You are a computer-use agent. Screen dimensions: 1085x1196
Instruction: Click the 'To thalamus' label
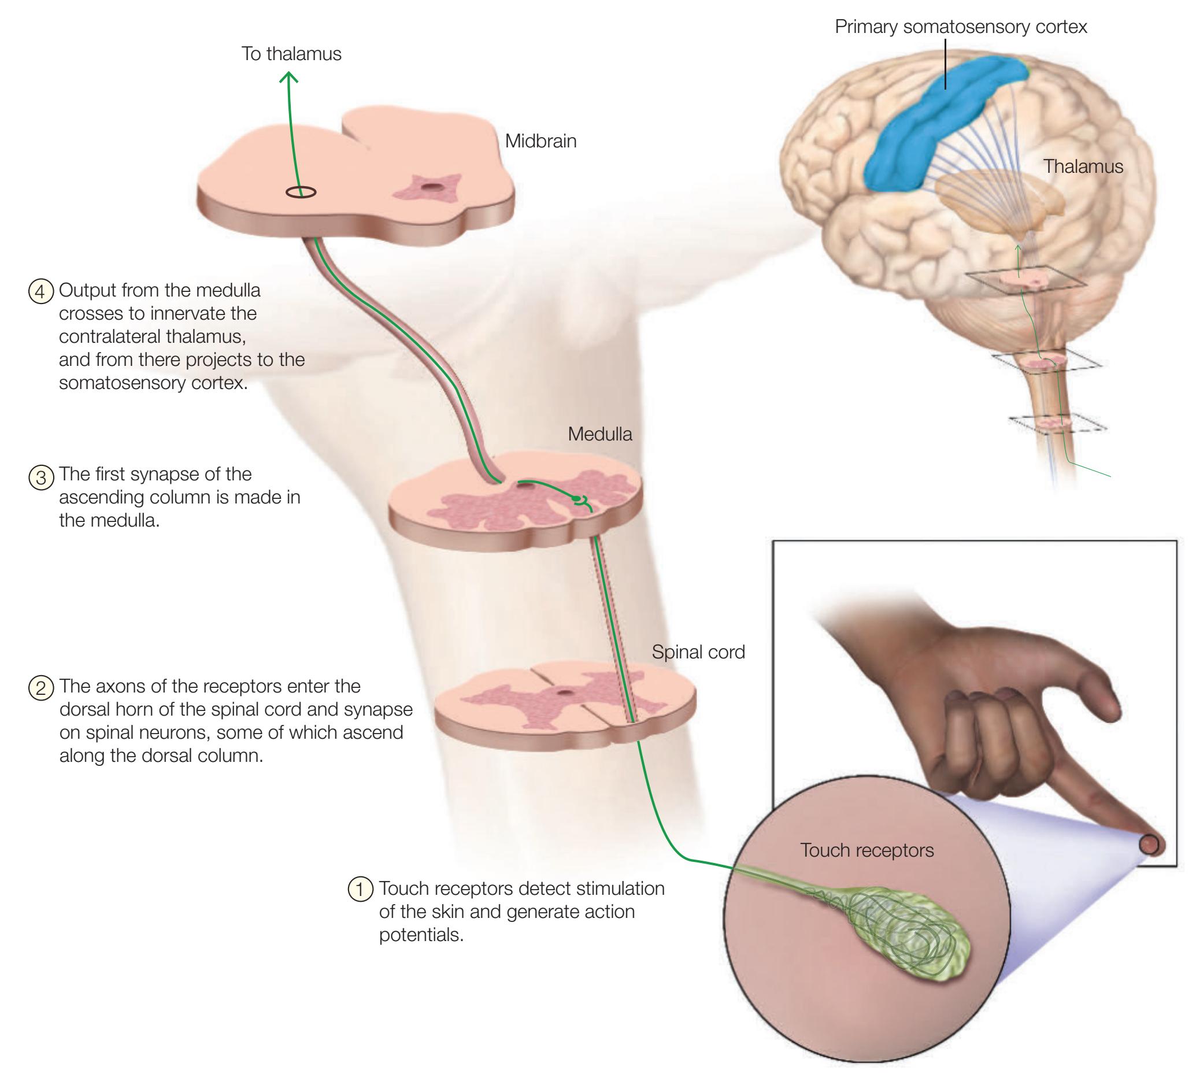click(x=291, y=54)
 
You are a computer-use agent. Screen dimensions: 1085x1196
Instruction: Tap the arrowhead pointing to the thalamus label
click(x=289, y=77)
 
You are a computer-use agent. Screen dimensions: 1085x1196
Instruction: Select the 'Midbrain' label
click(x=540, y=141)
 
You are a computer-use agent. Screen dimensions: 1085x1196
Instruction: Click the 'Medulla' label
click(x=600, y=434)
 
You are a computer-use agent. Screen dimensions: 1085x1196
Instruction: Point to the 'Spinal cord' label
click(x=698, y=653)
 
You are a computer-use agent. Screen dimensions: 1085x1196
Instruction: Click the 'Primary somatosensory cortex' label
click(x=961, y=27)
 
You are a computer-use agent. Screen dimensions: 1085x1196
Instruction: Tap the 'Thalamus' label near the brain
click(x=1083, y=166)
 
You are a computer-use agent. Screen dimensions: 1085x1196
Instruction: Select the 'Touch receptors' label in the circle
click(x=867, y=851)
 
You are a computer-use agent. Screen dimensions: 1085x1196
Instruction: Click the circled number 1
click(x=360, y=888)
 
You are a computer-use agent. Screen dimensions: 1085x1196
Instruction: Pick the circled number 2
click(x=41, y=687)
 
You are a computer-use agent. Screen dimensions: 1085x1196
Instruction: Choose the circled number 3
click(x=41, y=476)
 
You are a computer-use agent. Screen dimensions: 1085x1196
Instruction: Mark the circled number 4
click(x=41, y=292)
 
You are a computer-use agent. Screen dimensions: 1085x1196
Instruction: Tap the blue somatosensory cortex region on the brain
click(x=925, y=131)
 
